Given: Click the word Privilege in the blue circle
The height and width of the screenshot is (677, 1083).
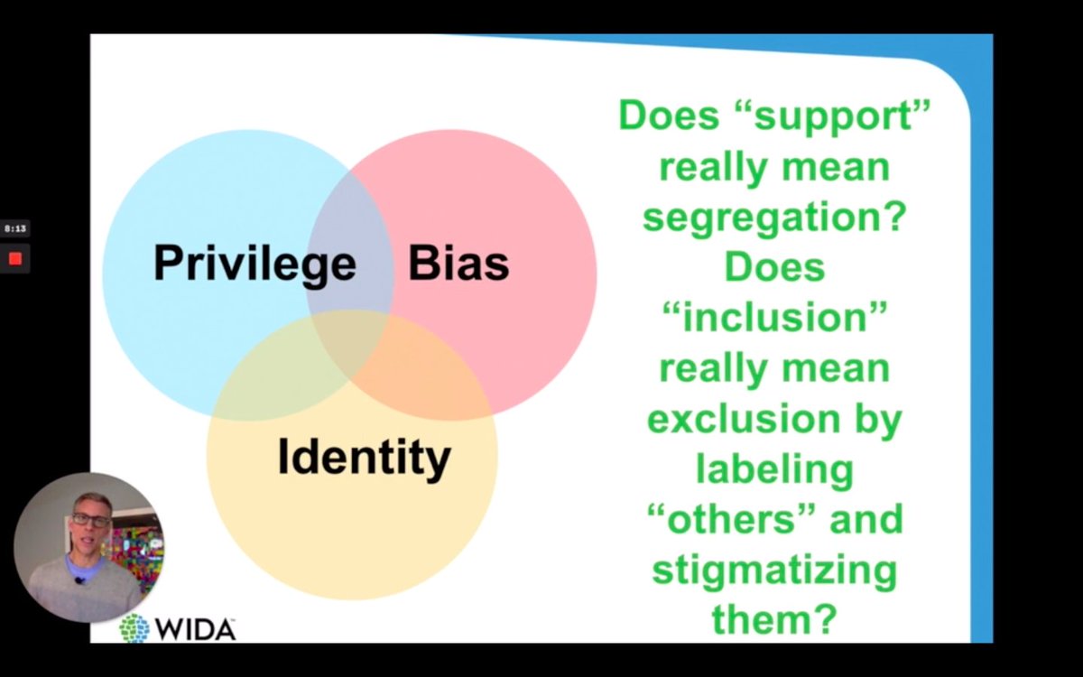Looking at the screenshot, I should coord(255,264).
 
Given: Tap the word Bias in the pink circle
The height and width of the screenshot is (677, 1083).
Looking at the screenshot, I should coord(458,264).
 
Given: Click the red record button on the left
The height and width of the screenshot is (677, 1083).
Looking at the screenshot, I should coord(15,260).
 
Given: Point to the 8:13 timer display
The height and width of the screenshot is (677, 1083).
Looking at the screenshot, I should coord(14,229).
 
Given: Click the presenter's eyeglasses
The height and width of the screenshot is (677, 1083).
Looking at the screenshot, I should coord(90,520).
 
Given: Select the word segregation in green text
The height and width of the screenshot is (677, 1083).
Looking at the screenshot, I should coord(773,218).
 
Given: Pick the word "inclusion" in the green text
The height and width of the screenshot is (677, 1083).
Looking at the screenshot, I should coord(773,318).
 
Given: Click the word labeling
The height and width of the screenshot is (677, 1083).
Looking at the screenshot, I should coord(773,468).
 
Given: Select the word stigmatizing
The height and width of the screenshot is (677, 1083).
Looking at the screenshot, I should coord(773,570).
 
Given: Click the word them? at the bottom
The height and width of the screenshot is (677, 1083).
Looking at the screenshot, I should coord(773,619).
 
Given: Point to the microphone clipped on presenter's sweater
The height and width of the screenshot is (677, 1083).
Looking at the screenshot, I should coord(80,579).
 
